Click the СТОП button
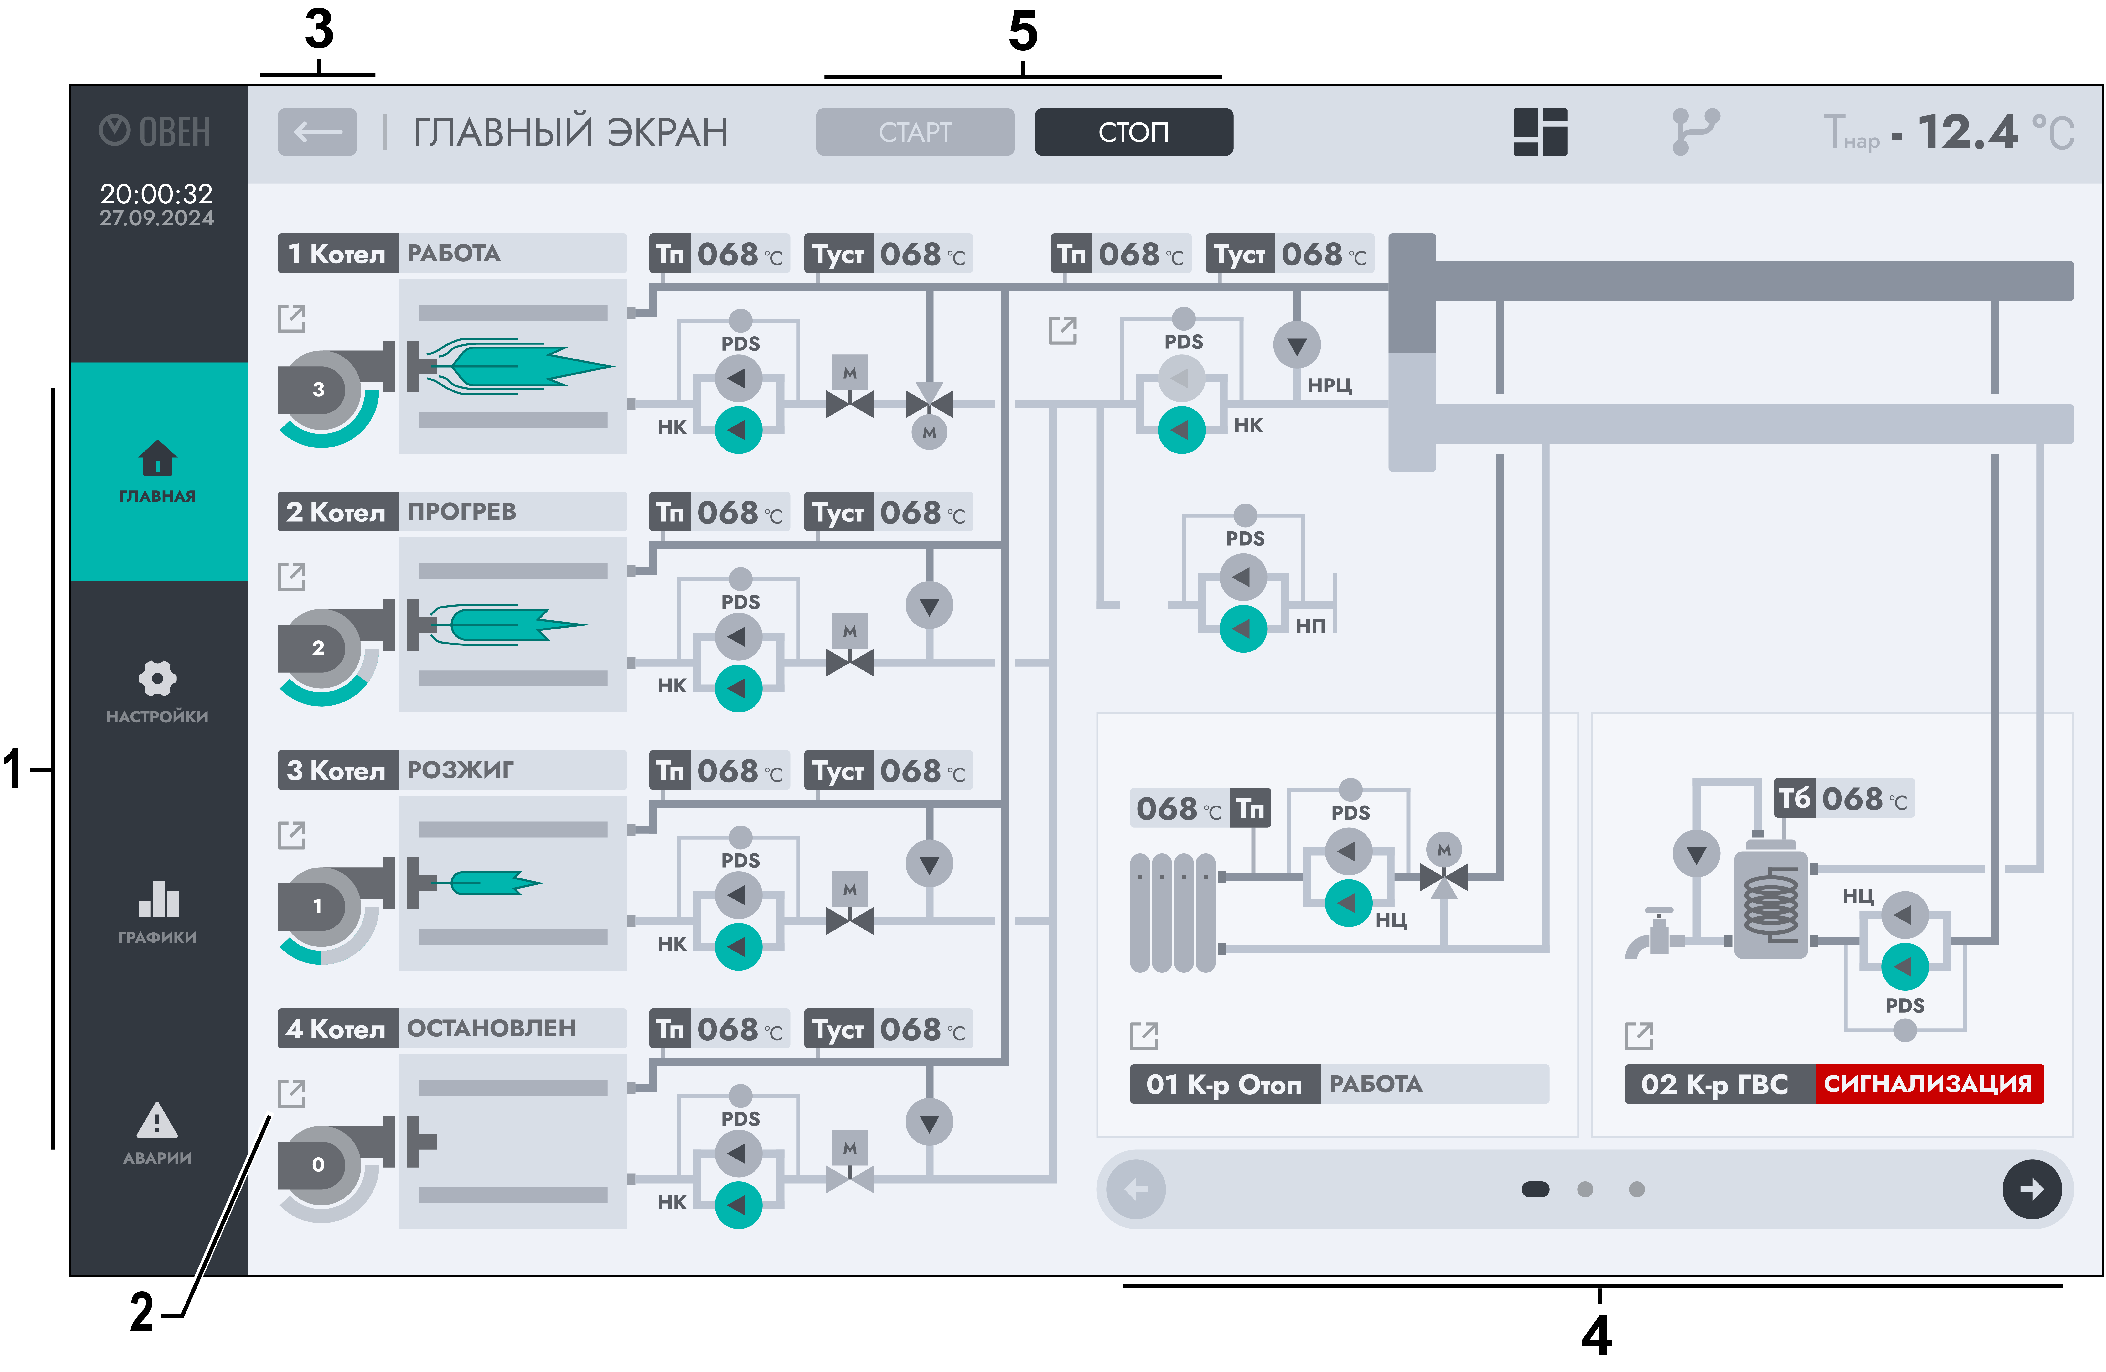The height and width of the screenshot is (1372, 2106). click(x=1133, y=132)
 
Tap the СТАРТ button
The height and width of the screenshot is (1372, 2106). click(x=915, y=132)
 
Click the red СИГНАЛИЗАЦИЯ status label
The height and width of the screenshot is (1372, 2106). click(x=1929, y=1083)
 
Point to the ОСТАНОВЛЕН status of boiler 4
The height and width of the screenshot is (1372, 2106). click(x=491, y=1029)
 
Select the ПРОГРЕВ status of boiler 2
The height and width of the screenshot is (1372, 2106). click(x=461, y=512)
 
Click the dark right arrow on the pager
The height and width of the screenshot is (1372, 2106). click(x=2032, y=1189)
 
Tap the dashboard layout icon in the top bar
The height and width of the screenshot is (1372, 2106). click(x=1541, y=132)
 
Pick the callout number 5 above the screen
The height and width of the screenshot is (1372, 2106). click(x=1023, y=32)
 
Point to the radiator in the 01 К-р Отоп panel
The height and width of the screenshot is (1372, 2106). click(x=1173, y=913)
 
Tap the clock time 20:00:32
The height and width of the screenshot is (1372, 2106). click(x=157, y=193)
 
